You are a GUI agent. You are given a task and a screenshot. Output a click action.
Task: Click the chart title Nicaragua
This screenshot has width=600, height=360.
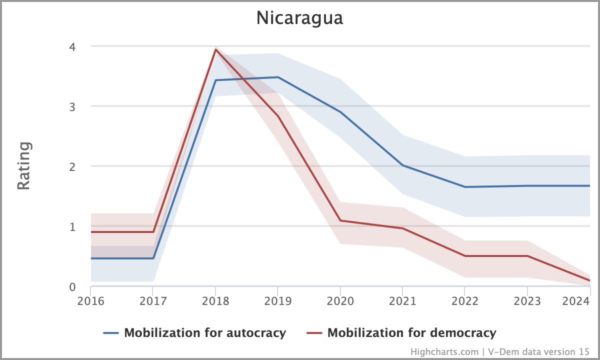[299, 18]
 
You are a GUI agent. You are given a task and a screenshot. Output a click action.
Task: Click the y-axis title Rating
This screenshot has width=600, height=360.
[24, 165]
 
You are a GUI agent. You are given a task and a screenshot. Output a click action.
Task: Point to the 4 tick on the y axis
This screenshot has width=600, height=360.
[72, 46]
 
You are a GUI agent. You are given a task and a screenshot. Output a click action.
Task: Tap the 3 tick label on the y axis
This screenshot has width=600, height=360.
[72, 106]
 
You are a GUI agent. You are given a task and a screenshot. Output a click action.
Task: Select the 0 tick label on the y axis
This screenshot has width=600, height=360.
[72, 287]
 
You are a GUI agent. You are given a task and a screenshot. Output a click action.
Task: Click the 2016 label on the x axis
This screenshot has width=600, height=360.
[90, 301]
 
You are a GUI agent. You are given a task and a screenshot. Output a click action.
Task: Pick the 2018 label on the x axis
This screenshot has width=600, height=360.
[215, 301]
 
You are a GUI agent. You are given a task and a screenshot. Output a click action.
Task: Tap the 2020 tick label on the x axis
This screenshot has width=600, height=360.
[340, 301]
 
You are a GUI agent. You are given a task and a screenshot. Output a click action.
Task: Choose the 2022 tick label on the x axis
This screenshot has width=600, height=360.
[465, 301]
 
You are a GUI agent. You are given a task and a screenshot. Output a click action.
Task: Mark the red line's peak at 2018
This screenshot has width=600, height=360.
[215, 49]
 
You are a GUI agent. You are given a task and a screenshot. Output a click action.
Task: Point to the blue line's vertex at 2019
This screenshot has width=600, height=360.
[278, 77]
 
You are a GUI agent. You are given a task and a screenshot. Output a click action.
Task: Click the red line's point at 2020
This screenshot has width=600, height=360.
[340, 220]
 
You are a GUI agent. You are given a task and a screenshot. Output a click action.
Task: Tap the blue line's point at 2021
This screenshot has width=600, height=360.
[402, 165]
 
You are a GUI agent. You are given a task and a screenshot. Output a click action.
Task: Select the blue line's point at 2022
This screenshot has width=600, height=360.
[465, 187]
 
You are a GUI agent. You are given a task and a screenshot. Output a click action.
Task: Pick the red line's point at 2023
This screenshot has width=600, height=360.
[527, 256]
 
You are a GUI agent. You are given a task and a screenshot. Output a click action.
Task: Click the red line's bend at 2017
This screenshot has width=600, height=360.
[153, 232]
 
